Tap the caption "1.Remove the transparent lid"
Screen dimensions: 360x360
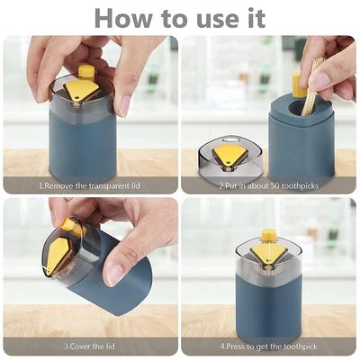click(x=90, y=185)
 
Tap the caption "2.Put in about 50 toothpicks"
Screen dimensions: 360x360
click(x=270, y=185)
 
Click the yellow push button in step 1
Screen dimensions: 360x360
click(x=86, y=72)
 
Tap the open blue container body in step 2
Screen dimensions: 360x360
click(x=301, y=139)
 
